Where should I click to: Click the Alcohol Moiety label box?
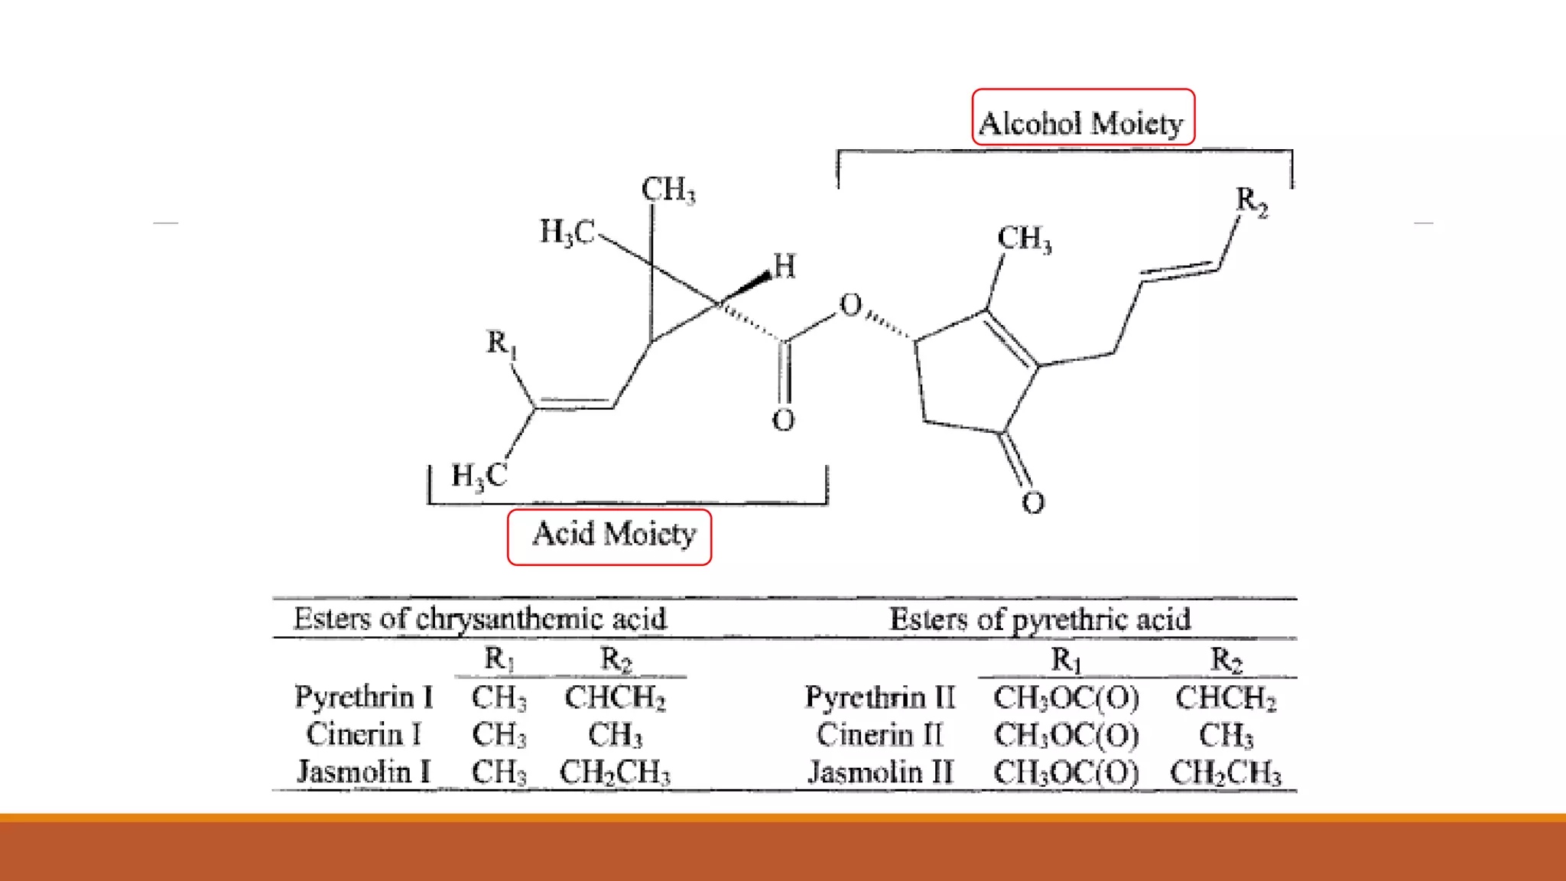(x=1082, y=118)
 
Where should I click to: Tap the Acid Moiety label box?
(x=609, y=537)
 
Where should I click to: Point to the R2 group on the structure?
(x=1252, y=202)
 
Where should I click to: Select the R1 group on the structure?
(x=502, y=343)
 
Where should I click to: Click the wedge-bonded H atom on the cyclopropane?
(x=785, y=266)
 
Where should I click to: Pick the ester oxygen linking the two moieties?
(x=850, y=305)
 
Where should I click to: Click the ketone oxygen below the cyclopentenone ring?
(x=1033, y=502)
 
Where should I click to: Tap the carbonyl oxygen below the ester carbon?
(x=783, y=420)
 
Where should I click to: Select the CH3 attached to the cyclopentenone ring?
(x=1024, y=239)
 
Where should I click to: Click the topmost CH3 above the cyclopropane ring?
(x=668, y=190)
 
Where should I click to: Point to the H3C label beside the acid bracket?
(x=479, y=476)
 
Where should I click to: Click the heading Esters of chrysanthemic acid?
(x=480, y=619)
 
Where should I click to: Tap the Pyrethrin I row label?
(x=364, y=697)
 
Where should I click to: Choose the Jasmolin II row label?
(x=881, y=772)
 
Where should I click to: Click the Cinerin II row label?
(x=880, y=735)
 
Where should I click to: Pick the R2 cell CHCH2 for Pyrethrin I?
(x=615, y=697)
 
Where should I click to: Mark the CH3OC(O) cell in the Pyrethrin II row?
(x=1066, y=697)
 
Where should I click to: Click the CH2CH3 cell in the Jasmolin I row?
(x=615, y=772)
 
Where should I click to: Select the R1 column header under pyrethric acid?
(x=1066, y=659)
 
